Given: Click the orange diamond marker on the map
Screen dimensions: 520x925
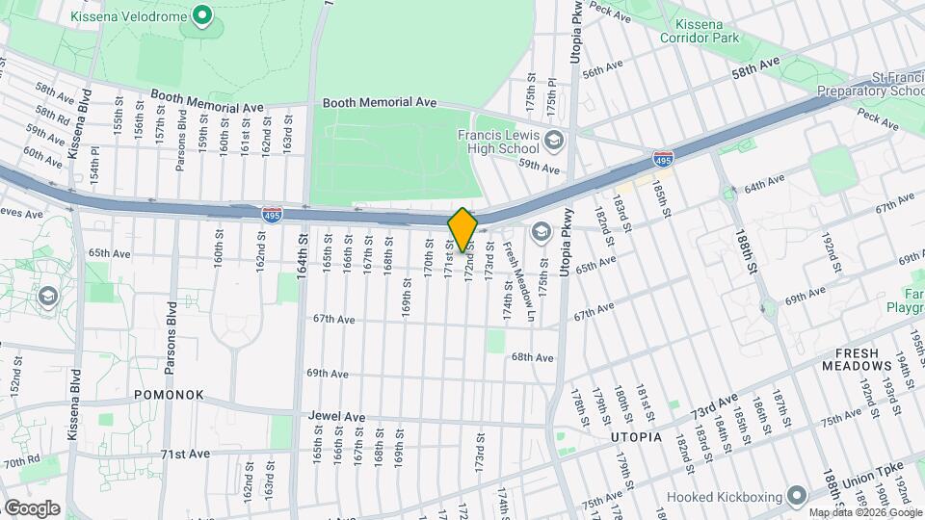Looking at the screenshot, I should [462, 230].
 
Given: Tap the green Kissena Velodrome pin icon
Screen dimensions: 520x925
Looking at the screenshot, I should [201, 15].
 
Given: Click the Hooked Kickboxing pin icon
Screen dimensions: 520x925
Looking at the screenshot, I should [796, 496].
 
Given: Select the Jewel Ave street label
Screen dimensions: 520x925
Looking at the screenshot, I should [336, 417].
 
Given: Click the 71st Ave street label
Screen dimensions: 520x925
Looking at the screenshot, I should [185, 454].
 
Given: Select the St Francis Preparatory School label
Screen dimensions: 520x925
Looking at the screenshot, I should [871, 84].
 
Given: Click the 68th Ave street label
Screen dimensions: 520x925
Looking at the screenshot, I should [533, 357].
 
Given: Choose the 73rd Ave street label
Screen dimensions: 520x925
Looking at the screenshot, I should [714, 405].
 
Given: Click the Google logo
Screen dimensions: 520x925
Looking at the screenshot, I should [31, 508].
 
